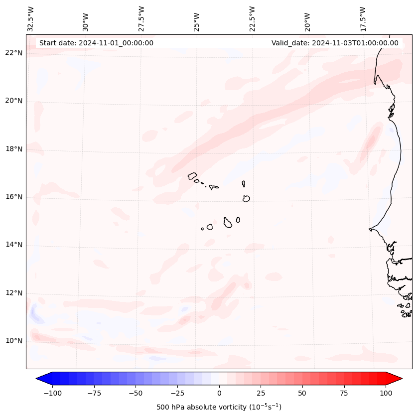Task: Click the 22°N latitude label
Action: (x=14, y=53)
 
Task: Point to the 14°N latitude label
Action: (x=14, y=245)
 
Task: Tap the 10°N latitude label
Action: (x=14, y=341)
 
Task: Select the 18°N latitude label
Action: (x=14, y=149)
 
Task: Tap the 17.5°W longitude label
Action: (x=363, y=18)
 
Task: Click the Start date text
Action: (x=96, y=43)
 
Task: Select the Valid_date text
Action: (x=335, y=43)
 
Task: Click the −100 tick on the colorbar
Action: (x=52, y=393)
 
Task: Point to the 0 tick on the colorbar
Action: (x=219, y=393)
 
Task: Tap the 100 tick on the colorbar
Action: (x=386, y=393)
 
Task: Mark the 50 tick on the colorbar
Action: (x=302, y=393)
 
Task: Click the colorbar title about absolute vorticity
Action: (x=219, y=407)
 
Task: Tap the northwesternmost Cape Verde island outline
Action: (x=192, y=176)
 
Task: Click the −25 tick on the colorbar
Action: (x=177, y=393)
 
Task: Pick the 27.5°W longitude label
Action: (x=141, y=18)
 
